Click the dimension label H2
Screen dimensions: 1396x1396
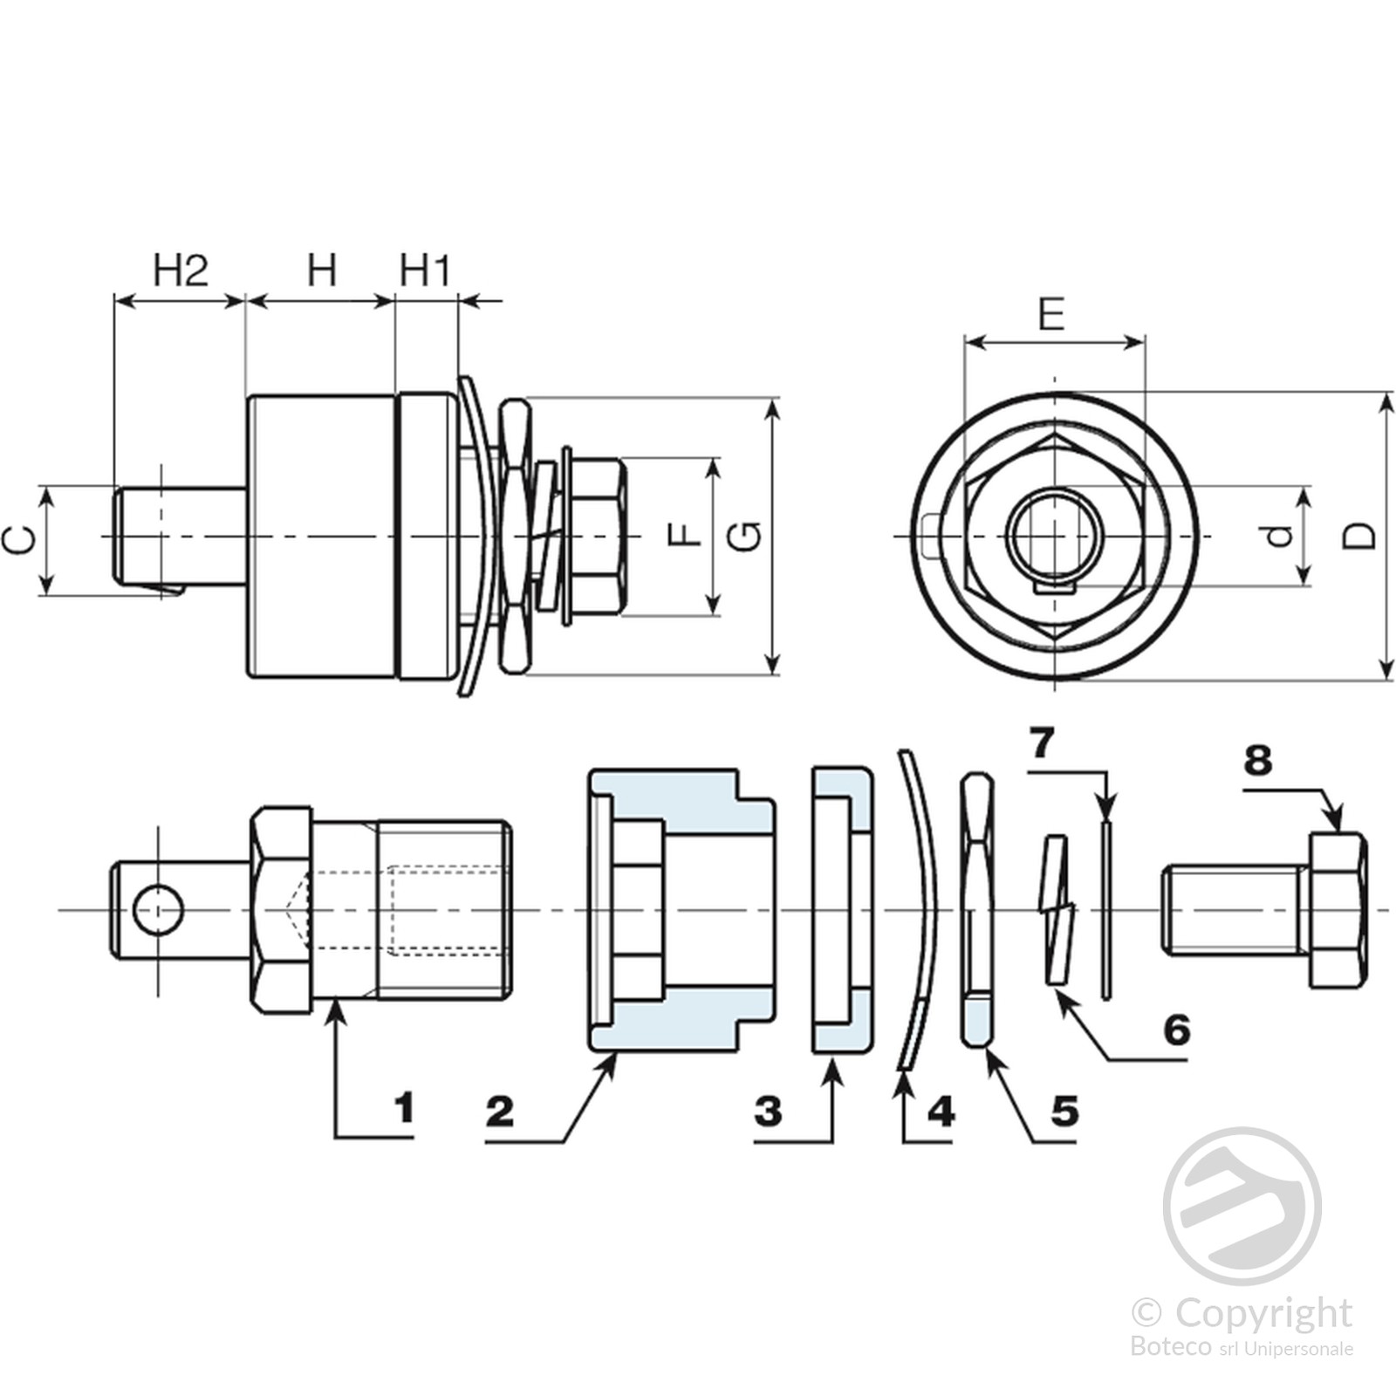click(181, 270)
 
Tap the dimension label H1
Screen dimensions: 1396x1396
click(425, 270)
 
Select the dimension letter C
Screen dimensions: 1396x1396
click(20, 540)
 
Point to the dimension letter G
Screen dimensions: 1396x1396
click(745, 535)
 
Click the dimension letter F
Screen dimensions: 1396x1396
click(685, 534)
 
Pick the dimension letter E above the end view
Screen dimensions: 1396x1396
click(1052, 313)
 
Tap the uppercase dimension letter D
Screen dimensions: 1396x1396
click(1358, 535)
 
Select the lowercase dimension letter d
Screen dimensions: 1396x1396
click(1279, 535)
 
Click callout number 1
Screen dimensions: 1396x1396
click(403, 1108)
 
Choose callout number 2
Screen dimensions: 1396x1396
click(500, 1112)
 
